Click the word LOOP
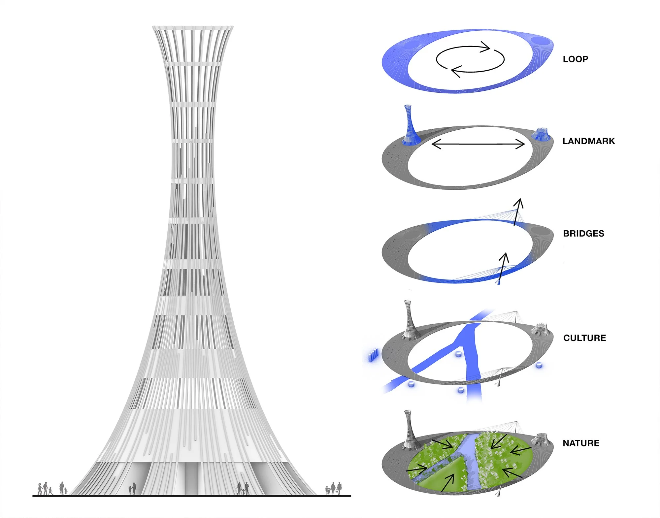coord(575,59)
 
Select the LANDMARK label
coord(588,141)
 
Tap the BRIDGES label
coord(583,234)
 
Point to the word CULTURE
coord(584,338)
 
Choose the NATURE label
coord(581,443)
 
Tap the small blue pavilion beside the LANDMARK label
coord(540,134)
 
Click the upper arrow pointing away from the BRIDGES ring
coord(517,211)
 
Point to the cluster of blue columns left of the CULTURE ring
coord(373,355)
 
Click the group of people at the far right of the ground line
coord(333,488)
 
